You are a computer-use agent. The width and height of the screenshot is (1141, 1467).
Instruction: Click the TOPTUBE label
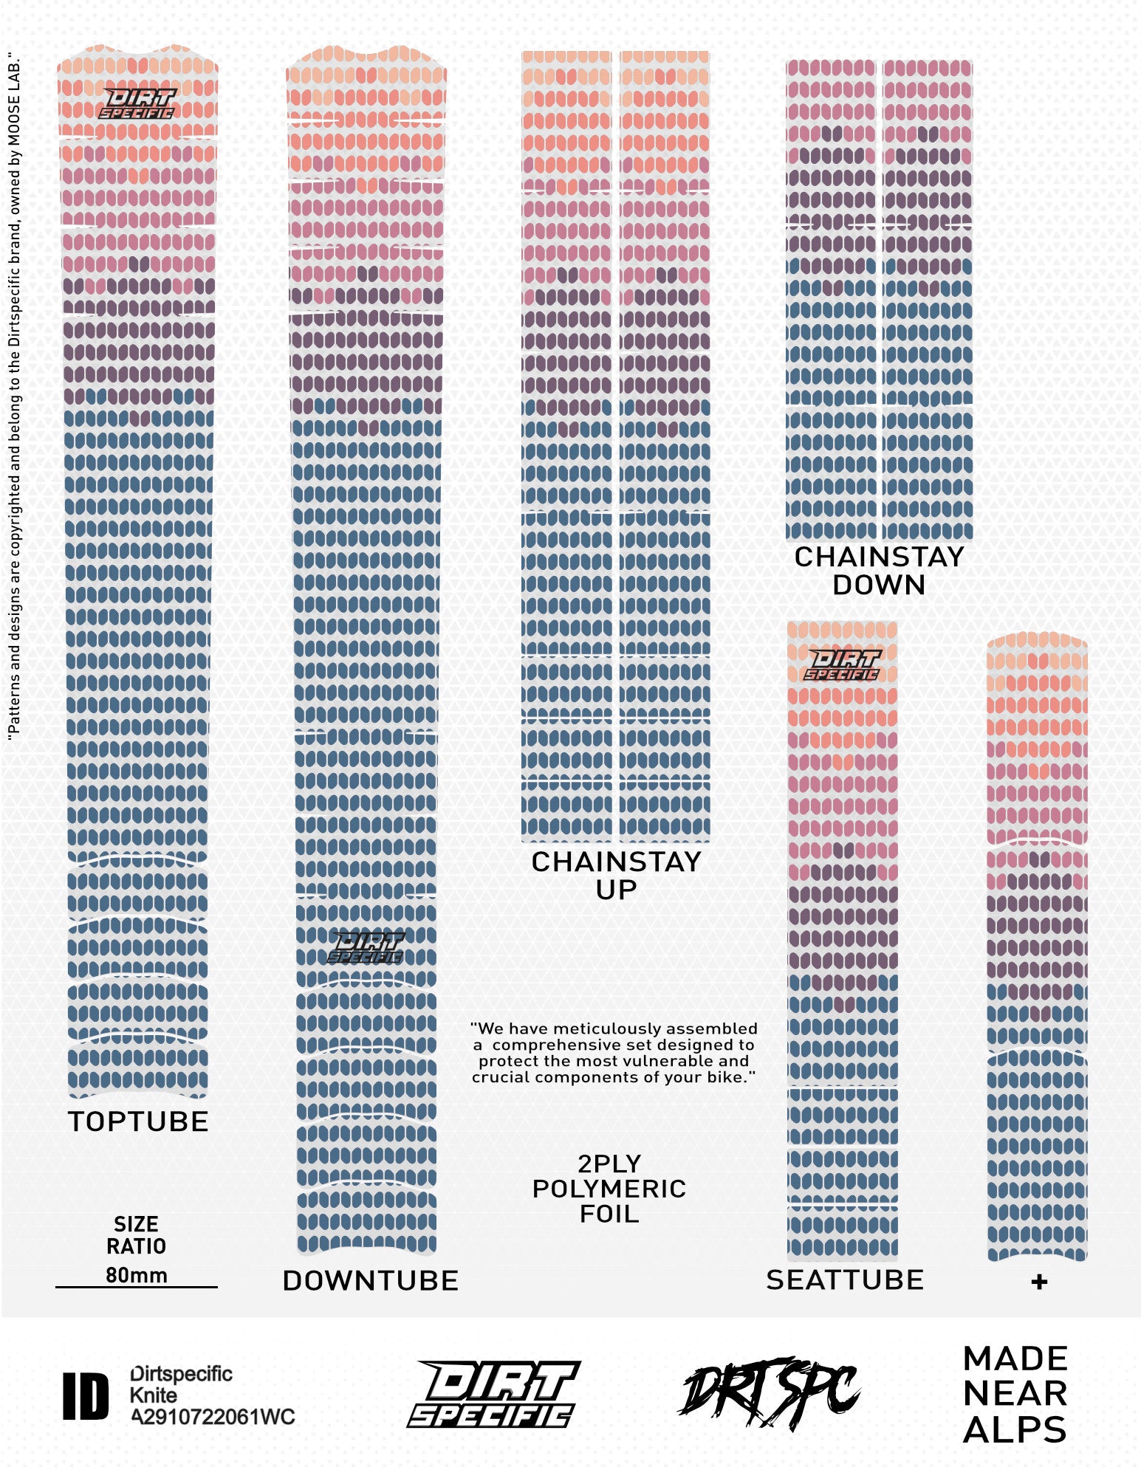click(x=138, y=1121)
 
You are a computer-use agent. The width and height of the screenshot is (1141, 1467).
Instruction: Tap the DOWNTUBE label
click(x=370, y=1280)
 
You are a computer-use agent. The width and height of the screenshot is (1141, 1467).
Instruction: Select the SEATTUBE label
click(x=845, y=1279)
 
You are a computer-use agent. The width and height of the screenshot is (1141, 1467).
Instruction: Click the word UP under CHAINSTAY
click(x=616, y=890)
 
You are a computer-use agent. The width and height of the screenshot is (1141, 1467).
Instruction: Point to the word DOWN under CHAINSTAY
click(x=879, y=585)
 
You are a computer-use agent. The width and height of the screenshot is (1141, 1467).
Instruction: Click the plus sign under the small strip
click(x=1039, y=1282)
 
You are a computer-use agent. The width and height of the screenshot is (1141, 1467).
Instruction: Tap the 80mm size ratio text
click(x=137, y=1275)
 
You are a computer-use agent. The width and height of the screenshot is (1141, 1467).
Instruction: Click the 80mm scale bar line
click(x=137, y=1287)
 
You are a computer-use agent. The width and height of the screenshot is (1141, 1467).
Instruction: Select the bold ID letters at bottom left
click(x=86, y=1396)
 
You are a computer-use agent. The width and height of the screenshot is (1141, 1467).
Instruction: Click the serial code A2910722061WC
click(x=213, y=1417)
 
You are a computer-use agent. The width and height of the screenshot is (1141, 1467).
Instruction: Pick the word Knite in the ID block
click(x=154, y=1395)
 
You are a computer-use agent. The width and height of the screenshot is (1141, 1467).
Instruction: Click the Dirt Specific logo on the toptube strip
click(x=137, y=104)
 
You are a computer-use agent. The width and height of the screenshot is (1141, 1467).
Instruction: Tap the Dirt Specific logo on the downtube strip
click(x=366, y=948)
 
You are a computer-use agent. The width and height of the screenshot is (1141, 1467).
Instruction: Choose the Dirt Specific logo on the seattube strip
click(x=843, y=664)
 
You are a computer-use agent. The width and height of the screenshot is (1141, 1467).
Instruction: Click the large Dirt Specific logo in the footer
click(x=493, y=1394)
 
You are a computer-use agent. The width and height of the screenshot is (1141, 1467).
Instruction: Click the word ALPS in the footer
click(x=1015, y=1429)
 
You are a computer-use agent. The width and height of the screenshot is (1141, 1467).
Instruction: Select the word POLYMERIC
click(x=609, y=1189)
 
